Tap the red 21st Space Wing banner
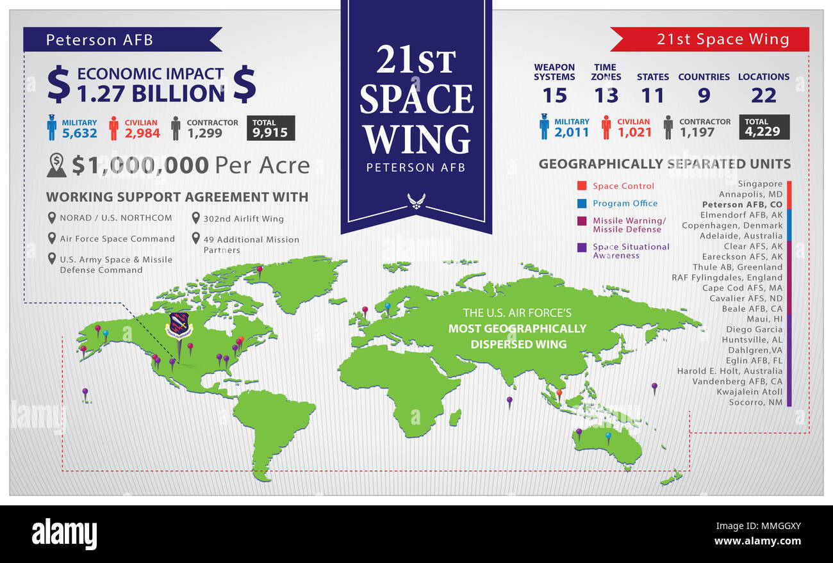pos(711,40)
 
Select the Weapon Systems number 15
pos(554,95)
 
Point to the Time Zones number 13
pos(606,95)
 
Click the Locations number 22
pos(763,95)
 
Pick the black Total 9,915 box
pos(271,128)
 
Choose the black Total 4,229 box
pos(764,127)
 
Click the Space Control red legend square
pos(582,186)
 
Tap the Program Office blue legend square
pos(582,204)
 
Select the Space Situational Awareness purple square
pos(582,247)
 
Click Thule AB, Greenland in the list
pos(737,267)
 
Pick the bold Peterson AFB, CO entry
pos(742,204)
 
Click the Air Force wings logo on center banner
pos(416,201)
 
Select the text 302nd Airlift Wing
pos(243,219)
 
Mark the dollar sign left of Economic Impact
pos(59,85)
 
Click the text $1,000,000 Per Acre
pos(190,165)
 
